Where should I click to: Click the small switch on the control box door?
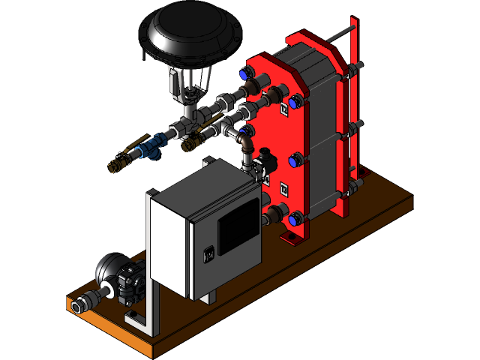(211, 253)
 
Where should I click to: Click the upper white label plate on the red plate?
(284, 110)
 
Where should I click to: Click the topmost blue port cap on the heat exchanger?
(244, 73)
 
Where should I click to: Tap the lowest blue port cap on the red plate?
(295, 219)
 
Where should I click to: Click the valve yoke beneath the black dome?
(191, 82)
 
